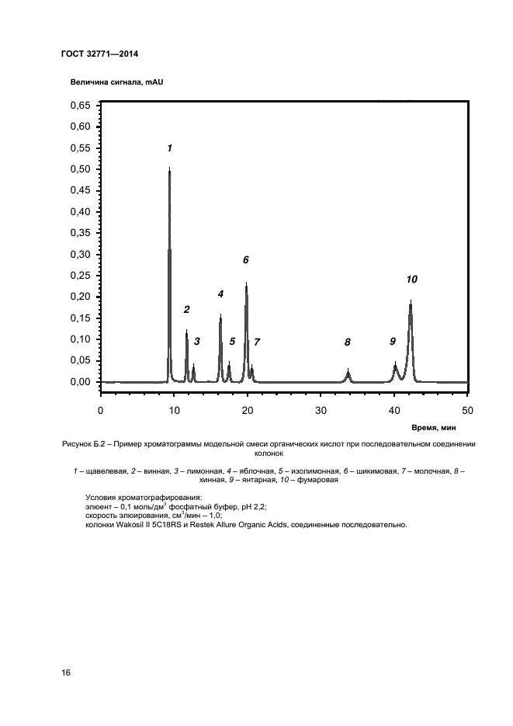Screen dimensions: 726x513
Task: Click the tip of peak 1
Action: click(169, 168)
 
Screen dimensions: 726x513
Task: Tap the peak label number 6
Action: click(245, 260)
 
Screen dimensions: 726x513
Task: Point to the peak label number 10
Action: click(411, 279)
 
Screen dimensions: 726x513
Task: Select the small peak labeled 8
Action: click(348, 374)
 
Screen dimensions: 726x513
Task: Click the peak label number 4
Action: click(220, 294)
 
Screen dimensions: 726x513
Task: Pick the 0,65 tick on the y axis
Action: click(81, 105)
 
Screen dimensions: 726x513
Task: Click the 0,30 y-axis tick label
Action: click(81, 255)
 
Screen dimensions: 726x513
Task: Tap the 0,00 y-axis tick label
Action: click(81, 382)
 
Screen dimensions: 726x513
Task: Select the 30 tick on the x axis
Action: click(321, 410)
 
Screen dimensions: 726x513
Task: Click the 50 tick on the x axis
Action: click(467, 410)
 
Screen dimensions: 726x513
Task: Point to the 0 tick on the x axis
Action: click(100, 410)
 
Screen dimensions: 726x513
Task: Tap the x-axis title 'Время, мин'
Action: click(445, 427)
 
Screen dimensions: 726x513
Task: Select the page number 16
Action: click(66, 672)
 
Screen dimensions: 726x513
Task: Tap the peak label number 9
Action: click(393, 341)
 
